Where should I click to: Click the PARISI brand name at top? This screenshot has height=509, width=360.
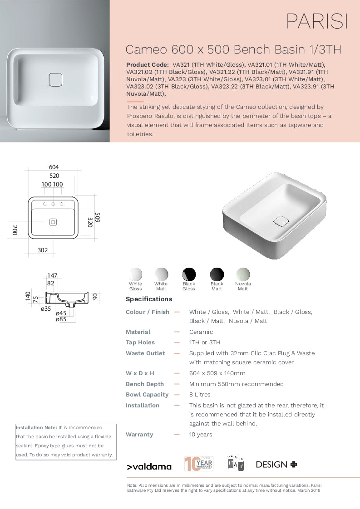[317, 21]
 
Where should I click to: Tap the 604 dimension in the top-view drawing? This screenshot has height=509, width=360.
[54, 167]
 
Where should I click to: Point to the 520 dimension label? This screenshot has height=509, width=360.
[54, 176]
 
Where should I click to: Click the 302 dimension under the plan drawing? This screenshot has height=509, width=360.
[42, 250]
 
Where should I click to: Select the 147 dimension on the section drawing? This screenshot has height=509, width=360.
[52, 275]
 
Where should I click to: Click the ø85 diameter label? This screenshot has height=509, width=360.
[61, 319]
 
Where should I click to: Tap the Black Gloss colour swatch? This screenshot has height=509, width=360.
[189, 274]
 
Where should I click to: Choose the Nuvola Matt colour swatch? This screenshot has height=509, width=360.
[243, 274]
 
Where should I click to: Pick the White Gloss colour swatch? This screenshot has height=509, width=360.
[135, 274]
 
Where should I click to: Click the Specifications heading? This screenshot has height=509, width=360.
[149, 299]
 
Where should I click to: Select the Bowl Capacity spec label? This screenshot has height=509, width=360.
[147, 395]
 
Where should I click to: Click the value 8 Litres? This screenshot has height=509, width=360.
[200, 395]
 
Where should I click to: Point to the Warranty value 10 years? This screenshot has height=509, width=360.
[201, 435]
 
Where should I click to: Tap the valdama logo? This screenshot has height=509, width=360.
[149, 466]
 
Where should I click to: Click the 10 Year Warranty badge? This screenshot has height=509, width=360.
[198, 464]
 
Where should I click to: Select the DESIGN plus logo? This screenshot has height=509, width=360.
[276, 465]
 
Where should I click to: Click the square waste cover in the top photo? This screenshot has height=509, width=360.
[55, 79]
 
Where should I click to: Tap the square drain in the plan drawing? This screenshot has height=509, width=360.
[53, 222]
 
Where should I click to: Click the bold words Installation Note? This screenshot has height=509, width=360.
[37, 427]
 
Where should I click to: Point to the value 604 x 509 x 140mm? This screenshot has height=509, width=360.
[217, 373]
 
